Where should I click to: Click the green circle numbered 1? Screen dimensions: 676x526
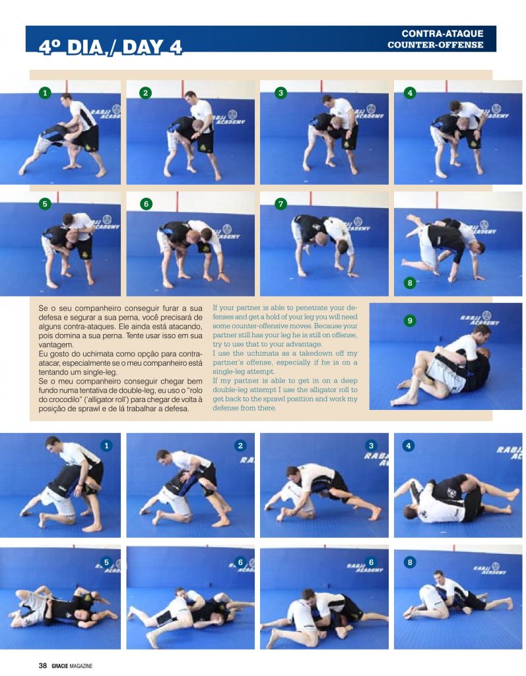45,93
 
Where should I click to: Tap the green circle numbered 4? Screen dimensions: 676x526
410,93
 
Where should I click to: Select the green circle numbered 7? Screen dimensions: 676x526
281,204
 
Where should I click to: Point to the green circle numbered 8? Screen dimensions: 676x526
410,283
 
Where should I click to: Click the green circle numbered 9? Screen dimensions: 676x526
410,321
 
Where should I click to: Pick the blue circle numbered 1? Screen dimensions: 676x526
105,446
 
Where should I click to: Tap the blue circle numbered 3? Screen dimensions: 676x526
372,446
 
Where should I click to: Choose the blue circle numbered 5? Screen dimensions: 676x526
105,562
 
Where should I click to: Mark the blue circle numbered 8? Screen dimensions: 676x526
410,562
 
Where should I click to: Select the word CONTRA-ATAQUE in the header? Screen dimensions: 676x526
443,34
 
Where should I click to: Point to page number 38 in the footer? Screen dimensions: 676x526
42,666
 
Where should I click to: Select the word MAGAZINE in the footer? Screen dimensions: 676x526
82,666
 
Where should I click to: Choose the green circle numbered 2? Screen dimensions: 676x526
145,93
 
